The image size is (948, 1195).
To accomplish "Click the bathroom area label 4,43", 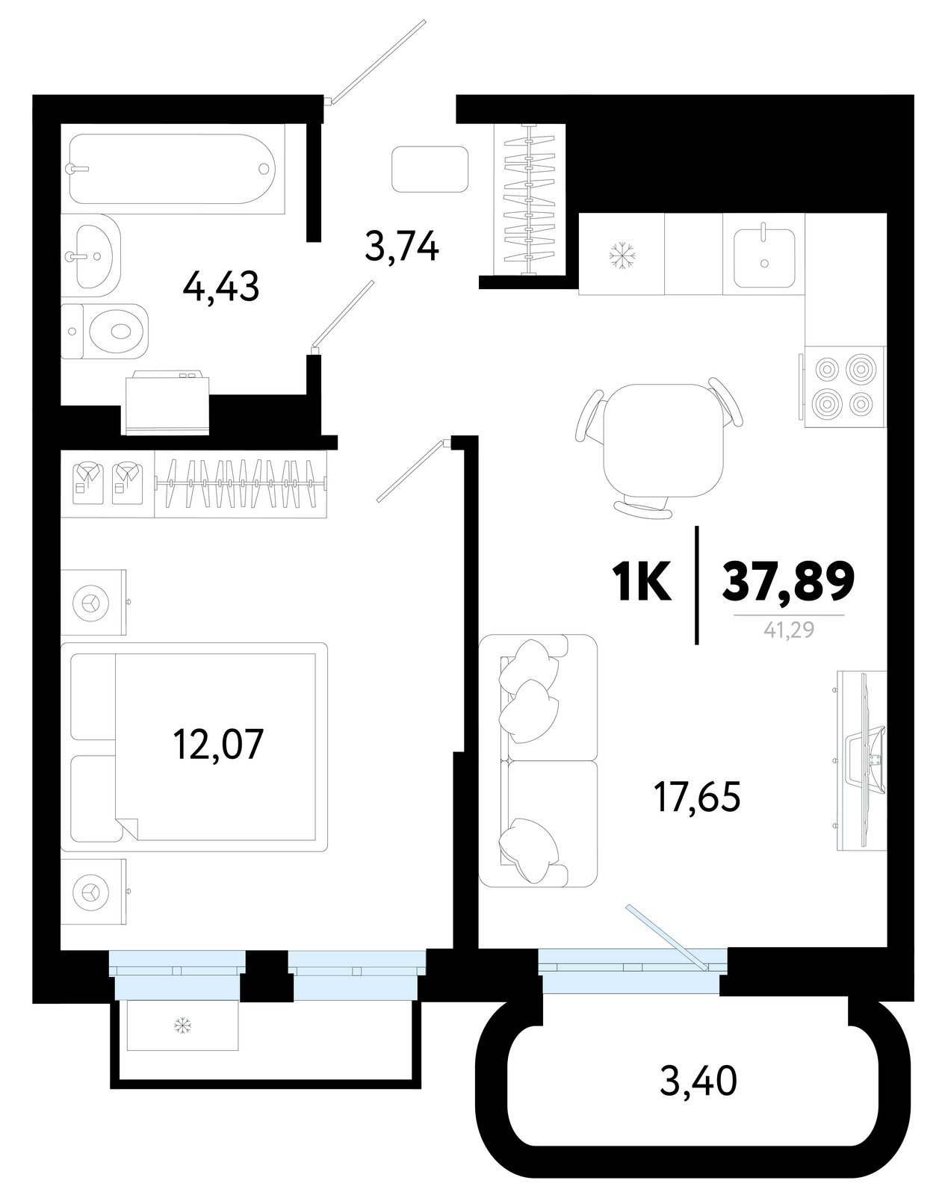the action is pos(221,288).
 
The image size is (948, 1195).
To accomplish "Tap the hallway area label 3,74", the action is pos(402,246).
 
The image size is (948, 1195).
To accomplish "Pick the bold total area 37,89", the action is pos(788,580).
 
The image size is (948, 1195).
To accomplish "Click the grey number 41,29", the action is pos(789,630).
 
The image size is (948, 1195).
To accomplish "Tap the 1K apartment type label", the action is pos(642,581).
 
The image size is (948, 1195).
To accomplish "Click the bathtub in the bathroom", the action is pos(172,169).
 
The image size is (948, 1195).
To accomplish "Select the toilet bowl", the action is pos(105,332).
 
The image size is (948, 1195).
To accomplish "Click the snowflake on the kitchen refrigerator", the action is pos(622,255).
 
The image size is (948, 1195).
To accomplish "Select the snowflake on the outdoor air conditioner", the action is pos(183,1025).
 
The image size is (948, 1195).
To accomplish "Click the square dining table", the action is pos(663,441).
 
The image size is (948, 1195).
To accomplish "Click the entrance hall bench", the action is pos(430,170).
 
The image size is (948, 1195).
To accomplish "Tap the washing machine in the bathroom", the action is pos(167,406).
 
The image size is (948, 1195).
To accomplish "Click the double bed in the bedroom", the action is pos(193,747).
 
